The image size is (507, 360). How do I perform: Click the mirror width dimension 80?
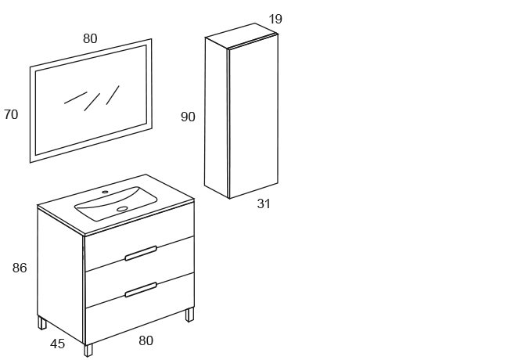90,38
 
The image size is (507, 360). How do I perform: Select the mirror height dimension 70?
11,114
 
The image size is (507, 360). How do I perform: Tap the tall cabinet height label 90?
188,117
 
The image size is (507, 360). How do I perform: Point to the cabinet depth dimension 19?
275,19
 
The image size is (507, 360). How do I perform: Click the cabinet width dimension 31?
264,203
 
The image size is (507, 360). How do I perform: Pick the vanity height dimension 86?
20,268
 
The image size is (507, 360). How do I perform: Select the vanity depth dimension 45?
58,344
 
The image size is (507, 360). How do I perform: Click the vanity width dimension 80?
146,340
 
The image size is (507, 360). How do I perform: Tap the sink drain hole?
122,209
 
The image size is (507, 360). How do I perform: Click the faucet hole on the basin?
105,192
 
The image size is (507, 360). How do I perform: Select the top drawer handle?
141,254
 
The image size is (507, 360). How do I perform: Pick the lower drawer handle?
141,290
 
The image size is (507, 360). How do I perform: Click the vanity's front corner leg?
88,351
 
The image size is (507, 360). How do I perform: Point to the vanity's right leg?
189,315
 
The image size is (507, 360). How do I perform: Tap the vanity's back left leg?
42,322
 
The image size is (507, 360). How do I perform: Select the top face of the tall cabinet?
242,35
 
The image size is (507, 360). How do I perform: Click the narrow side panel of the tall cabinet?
216,117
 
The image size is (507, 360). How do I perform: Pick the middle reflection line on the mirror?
92,103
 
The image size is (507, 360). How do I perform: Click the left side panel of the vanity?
60,275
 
